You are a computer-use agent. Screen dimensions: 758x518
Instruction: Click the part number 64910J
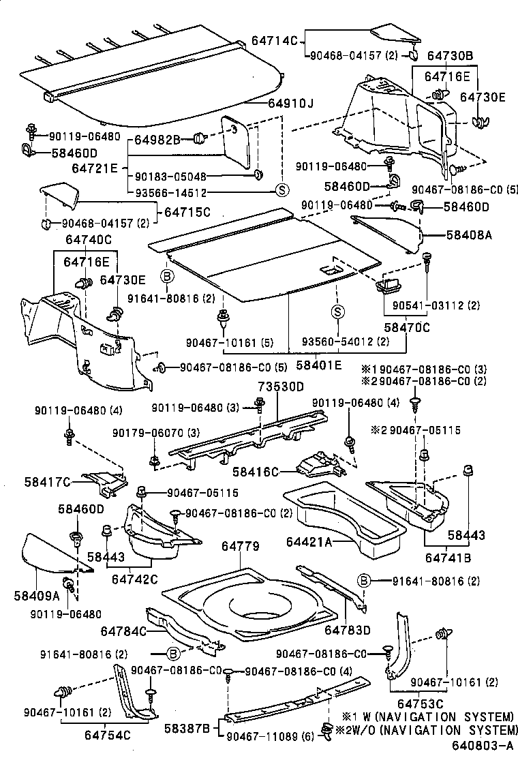click(x=291, y=104)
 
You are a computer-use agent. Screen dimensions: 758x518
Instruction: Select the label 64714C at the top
click(x=276, y=41)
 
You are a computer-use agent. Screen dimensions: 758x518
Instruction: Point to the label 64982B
click(x=157, y=139)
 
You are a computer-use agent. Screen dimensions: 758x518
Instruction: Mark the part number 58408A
click(x=468, y=235)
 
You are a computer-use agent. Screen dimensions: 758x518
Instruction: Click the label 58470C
click(x=407, y=327)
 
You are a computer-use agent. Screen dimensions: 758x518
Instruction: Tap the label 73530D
click(x=280, y=386)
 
